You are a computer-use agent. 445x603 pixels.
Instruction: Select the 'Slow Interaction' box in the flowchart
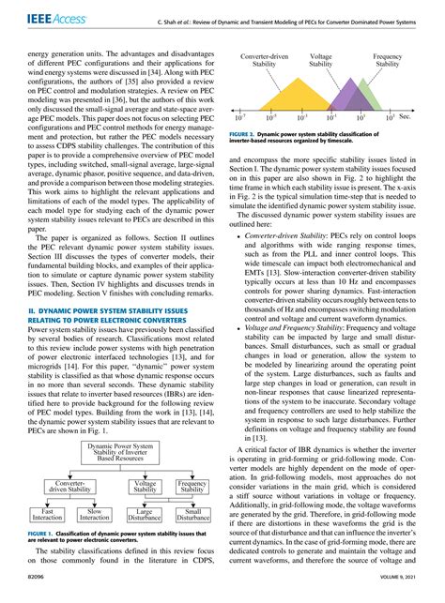[x=94, y=514]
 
